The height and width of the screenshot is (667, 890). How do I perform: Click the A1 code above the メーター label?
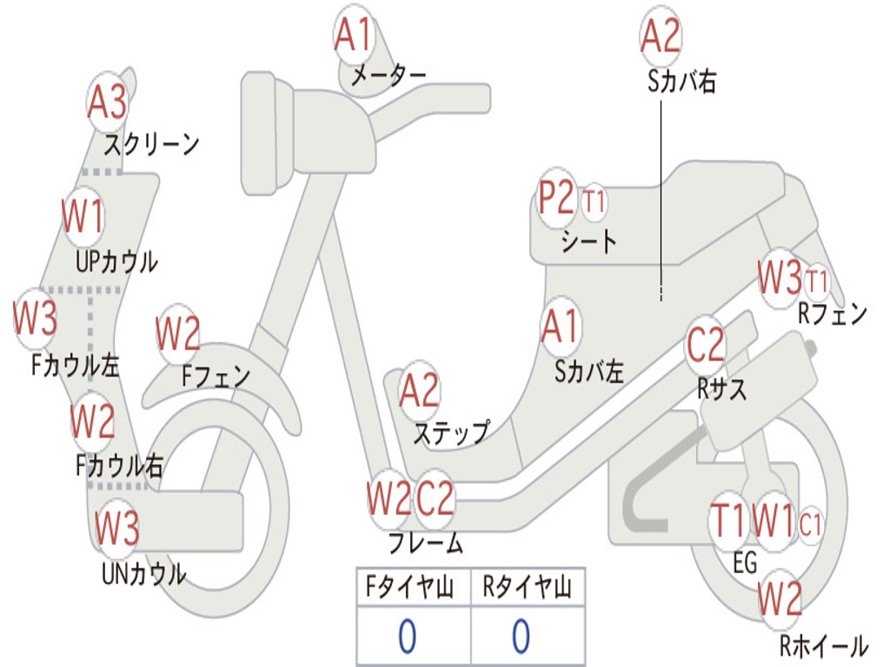354,36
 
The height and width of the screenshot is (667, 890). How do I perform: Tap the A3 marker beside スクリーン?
107,103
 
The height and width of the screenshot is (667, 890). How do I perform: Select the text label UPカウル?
116,261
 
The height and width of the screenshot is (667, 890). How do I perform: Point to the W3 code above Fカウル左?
35,320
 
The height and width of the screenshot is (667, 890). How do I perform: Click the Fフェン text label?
216,376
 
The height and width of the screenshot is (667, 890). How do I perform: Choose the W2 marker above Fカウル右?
92,421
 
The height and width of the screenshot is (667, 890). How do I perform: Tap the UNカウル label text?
143,574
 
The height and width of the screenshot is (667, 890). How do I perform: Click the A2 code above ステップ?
419,392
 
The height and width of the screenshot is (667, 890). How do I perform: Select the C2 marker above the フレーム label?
435,499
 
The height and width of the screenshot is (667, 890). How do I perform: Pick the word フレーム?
424,545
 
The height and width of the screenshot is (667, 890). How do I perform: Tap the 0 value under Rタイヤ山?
521,637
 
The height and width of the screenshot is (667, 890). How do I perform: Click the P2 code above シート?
556,199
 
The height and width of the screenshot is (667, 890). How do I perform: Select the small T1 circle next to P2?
594,202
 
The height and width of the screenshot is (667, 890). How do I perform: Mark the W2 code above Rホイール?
780,598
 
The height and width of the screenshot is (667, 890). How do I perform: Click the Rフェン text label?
832,314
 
